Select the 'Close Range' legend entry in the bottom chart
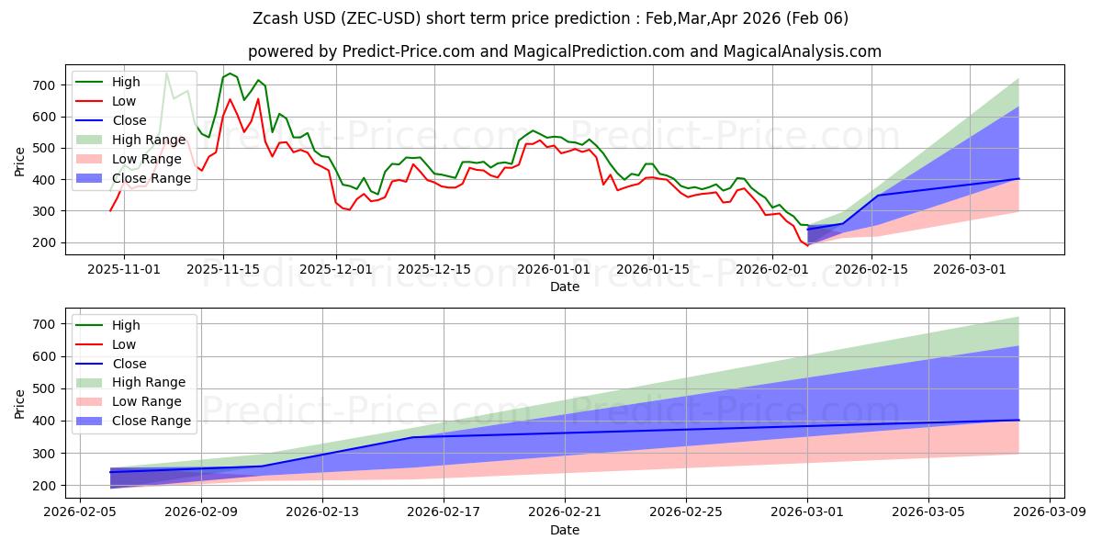pyautogui.click(x=152, y=421)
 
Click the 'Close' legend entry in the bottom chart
pyautogui.click(x=129, y=364)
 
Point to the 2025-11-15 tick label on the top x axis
pyautogui.click(x=223, y=269)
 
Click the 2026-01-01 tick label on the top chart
pyautogui.click(x=553, y=269)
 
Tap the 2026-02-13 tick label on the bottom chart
pyautogui.click(x=322, y=512)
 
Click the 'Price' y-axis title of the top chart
pyautogui.click(x=20, y=161)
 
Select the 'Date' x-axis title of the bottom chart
pyautogui.click(x=564, y=530)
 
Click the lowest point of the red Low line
pyautogui.click(x=807, y=246)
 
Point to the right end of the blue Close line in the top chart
pyautogui.click(x=1018, y=178)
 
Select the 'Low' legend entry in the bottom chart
pyautogui.click(x=123, y=344)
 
